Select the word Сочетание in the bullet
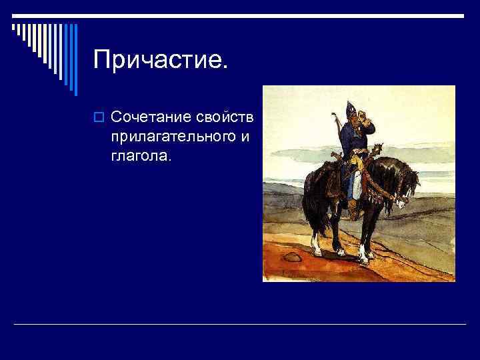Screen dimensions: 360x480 (x=151, y=118)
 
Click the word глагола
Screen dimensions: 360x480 (x=141, y=157)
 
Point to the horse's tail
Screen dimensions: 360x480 (x=312, y=207)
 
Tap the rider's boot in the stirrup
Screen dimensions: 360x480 (x=352, y=212)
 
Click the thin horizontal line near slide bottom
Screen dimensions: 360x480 (x=240, y=325)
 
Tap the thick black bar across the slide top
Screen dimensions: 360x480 (x=240, y=15)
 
